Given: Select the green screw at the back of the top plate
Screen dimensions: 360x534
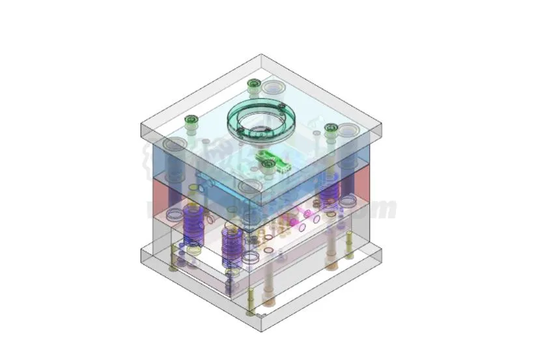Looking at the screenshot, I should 253,84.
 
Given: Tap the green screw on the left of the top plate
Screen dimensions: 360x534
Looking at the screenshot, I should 191,120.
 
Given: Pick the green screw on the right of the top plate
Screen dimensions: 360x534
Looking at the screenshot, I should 331,128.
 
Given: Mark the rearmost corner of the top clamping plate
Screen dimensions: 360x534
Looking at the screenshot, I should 262,55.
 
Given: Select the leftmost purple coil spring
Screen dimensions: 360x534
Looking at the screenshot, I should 192,225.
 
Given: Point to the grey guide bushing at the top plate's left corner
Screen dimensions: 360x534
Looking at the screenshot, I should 175,145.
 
